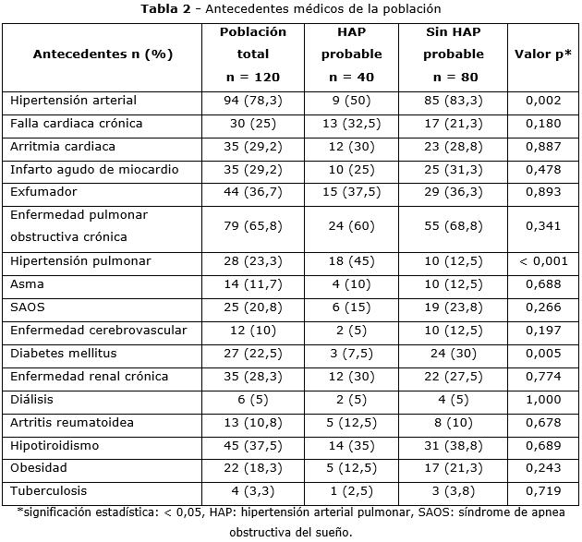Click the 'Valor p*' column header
(x=542, y=54)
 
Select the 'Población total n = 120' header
(x=252, y=54)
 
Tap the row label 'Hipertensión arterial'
(x=73, y=100)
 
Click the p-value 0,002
(x=542, y=100)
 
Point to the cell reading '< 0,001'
(x=542, y=261)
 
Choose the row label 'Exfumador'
(x=43, y=192)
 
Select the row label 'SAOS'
(x=28, y=307)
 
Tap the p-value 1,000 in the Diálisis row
(x=542, y=400)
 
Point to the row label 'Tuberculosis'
(x=50, y=492)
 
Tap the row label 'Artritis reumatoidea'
(x=71, y=423)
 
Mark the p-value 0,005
(x=542, y=354)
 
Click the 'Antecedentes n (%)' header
(x=103, y=54)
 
